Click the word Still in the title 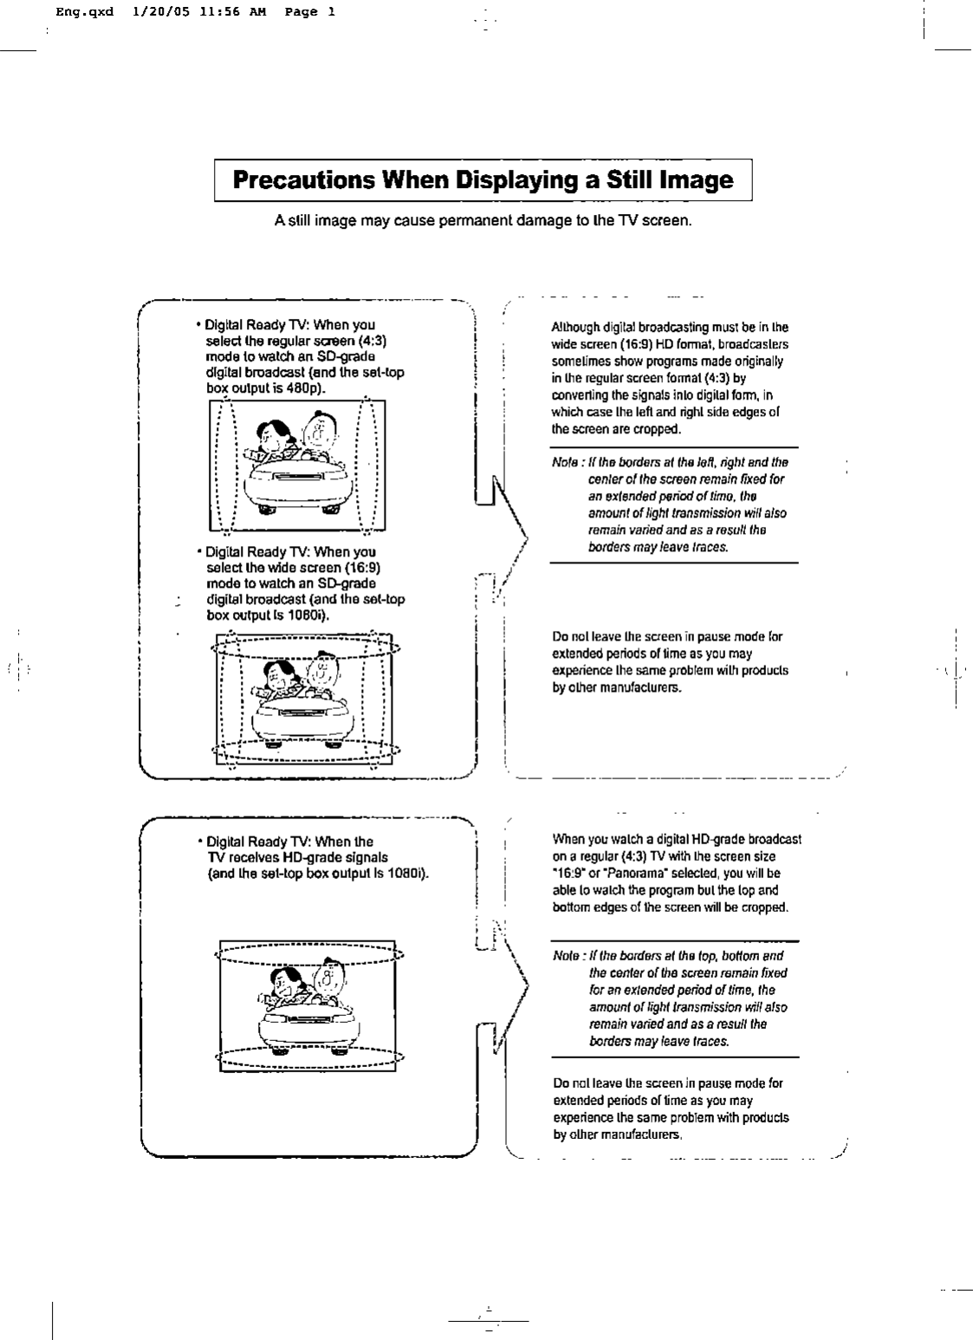pos(623,180)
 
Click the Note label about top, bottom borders pos(566,956)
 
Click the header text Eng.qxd pos(84,12)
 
